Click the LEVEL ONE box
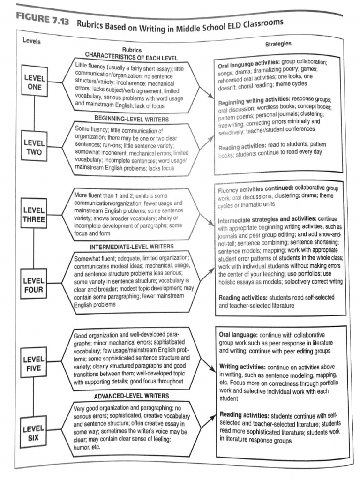point(35,82)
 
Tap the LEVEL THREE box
point(34,215)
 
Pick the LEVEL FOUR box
point(34,285)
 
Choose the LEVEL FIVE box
point(34,364)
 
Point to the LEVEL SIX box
point(34,432)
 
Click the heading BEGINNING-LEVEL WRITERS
point(125,119)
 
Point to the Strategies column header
point(278,44)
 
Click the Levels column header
point(32,41)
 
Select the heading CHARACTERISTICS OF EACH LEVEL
point(125,57)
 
